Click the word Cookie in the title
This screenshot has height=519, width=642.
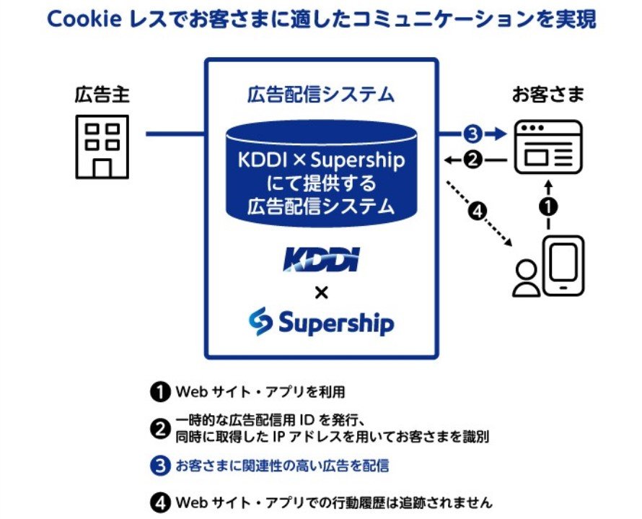(x=84, y=19)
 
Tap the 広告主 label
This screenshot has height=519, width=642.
(x=102, y=95)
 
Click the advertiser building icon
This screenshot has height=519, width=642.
(x=102, y=147)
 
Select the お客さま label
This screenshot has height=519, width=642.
(x=548, y=95)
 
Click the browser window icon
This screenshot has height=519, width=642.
(x=548, y=147)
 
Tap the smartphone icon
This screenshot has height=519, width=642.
(x=563, y=266)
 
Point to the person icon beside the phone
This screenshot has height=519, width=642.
(x=527, y=278)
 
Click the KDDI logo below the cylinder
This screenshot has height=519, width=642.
(x=321, y=259)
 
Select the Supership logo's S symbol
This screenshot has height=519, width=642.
(x=260, y=321)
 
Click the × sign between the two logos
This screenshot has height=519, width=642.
(x=322, y=293)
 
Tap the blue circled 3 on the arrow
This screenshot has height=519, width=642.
(x=473, y=134)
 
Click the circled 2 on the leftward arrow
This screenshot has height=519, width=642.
(x=473, y=160)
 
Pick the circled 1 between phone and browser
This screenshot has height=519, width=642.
(x=549, y=206)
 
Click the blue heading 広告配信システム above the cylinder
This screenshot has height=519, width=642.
(x=321, y=95)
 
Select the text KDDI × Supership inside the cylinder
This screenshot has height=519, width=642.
(x=321, y=160)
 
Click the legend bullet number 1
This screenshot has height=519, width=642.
(x=159, y=392)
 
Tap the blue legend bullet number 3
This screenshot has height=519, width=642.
(x=159, y=466)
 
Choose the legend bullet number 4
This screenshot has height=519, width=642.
(x=159, y=503)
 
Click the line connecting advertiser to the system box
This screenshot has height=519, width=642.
(x=175, y=134)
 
